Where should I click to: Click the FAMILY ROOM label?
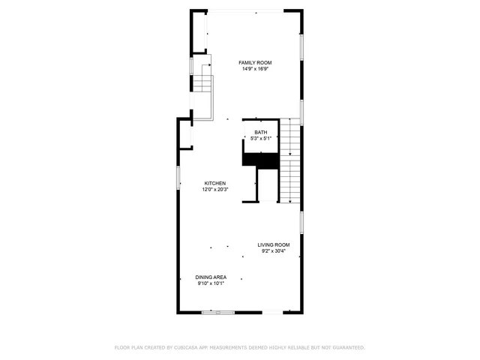[255, 62]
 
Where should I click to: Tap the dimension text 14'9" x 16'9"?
[255, 69]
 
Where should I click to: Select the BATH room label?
[259, 132]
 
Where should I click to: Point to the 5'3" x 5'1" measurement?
[259, 138]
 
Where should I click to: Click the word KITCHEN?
[215, 184]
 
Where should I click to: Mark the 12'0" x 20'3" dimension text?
[215, 190]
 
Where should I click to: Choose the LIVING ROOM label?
[274, 244]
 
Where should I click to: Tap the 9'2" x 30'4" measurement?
[274, 251]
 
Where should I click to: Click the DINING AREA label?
[211, 277]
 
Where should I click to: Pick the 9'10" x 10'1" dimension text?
[211, 283]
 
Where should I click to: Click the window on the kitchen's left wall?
[178, 178]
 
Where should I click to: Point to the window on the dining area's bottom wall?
[222, 311]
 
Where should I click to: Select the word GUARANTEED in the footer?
[347, 347]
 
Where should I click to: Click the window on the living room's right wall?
[301, 222]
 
